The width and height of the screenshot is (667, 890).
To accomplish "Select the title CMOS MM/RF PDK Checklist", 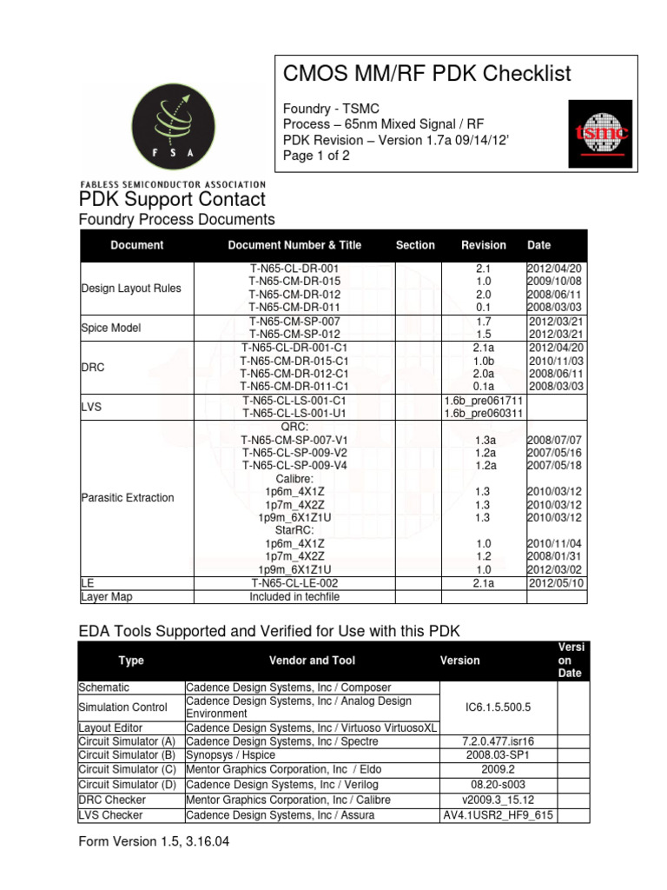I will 428,75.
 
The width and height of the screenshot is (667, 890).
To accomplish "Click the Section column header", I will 415,245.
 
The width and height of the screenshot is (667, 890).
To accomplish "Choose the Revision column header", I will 483,245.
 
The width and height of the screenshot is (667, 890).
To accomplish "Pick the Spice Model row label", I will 110,328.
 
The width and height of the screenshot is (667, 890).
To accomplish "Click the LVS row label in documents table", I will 92,407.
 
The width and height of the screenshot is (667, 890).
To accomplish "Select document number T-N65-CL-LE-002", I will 294,583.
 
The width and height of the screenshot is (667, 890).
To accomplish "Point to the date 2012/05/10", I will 557,583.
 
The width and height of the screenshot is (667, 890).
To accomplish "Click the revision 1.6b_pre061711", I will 484,400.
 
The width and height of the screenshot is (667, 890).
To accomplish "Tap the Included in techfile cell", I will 294,597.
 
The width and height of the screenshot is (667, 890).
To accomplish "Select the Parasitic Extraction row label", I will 127,498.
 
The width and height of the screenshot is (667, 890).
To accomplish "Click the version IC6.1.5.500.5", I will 498,708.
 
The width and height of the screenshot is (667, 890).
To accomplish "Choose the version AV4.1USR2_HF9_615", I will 498,815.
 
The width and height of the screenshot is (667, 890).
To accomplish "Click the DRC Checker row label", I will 112,800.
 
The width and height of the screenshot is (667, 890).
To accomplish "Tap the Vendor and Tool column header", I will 312,661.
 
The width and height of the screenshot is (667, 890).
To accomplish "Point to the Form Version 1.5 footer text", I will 153,841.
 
